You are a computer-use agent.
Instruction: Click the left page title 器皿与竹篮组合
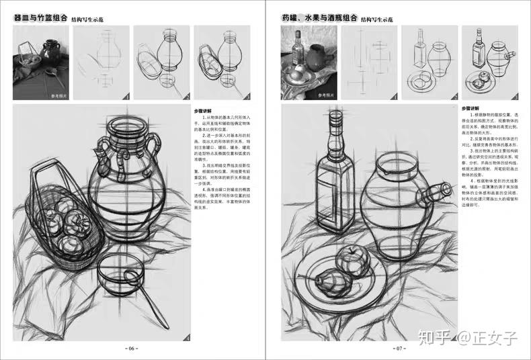pyautogui.click(x=41, y=19)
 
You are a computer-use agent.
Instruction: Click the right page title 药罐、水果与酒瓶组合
pyautogui.click(x=320, y=19)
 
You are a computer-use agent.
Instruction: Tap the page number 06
pyautogui.click(x=132, y=349)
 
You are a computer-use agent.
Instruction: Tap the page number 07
pyautogui.click(x=399, y=349)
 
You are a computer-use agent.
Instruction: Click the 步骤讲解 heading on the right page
pyautogui.click(x=473, y=108)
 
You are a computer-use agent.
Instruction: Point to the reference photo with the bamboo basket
pyautogui.click(x=40, y=64)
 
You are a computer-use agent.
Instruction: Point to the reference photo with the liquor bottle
pyautogui.click(x=308, y=64)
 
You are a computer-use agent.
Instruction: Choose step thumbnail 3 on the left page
pyautogui.click(x=222, y=64)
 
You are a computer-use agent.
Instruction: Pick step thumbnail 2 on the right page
pyautogui.click(x=429, y=64)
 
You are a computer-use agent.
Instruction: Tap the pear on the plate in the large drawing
pyautogui.click(x=329, y=285)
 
